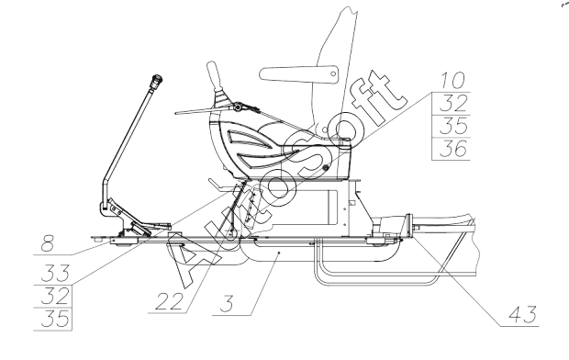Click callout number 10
(x=452, y=80)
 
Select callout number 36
(x=452, y=149)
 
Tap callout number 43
(x=523, y=315)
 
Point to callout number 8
(x=48, y=243)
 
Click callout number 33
(x=55, y=273)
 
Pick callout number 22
(x=169, y=301)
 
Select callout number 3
(x=227, y=304)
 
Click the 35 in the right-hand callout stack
(x=452, y=126)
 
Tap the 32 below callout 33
(x=55, y=296)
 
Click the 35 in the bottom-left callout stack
(x=55, y=319)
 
